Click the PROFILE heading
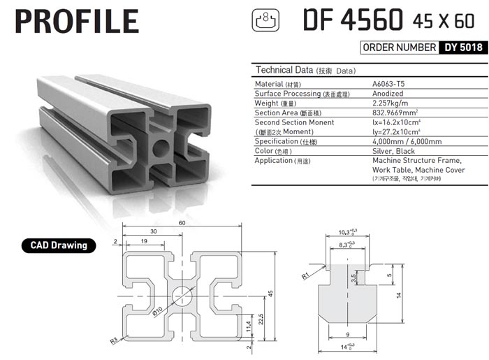coord(77,21)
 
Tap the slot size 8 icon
coord(265,20)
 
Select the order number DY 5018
coord(463,48)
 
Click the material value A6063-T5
coord(388,84)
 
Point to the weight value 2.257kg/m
coord(390,103)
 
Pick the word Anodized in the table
coord(388,93)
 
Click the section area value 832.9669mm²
coord(395,113)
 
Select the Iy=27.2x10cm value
coord(396,131)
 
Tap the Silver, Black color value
coord(393,151)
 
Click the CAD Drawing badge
coord(59,245)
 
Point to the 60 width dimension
coord(182,223)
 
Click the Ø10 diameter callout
coord(157,311)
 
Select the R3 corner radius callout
coord(114,340)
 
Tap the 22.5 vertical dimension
coord(261,319)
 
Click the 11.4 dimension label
coord(249,326)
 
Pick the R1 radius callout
coord(305,275)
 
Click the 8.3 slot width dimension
coord(347,245)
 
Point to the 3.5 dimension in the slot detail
coord(353,278)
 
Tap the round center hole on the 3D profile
coord(161,148)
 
